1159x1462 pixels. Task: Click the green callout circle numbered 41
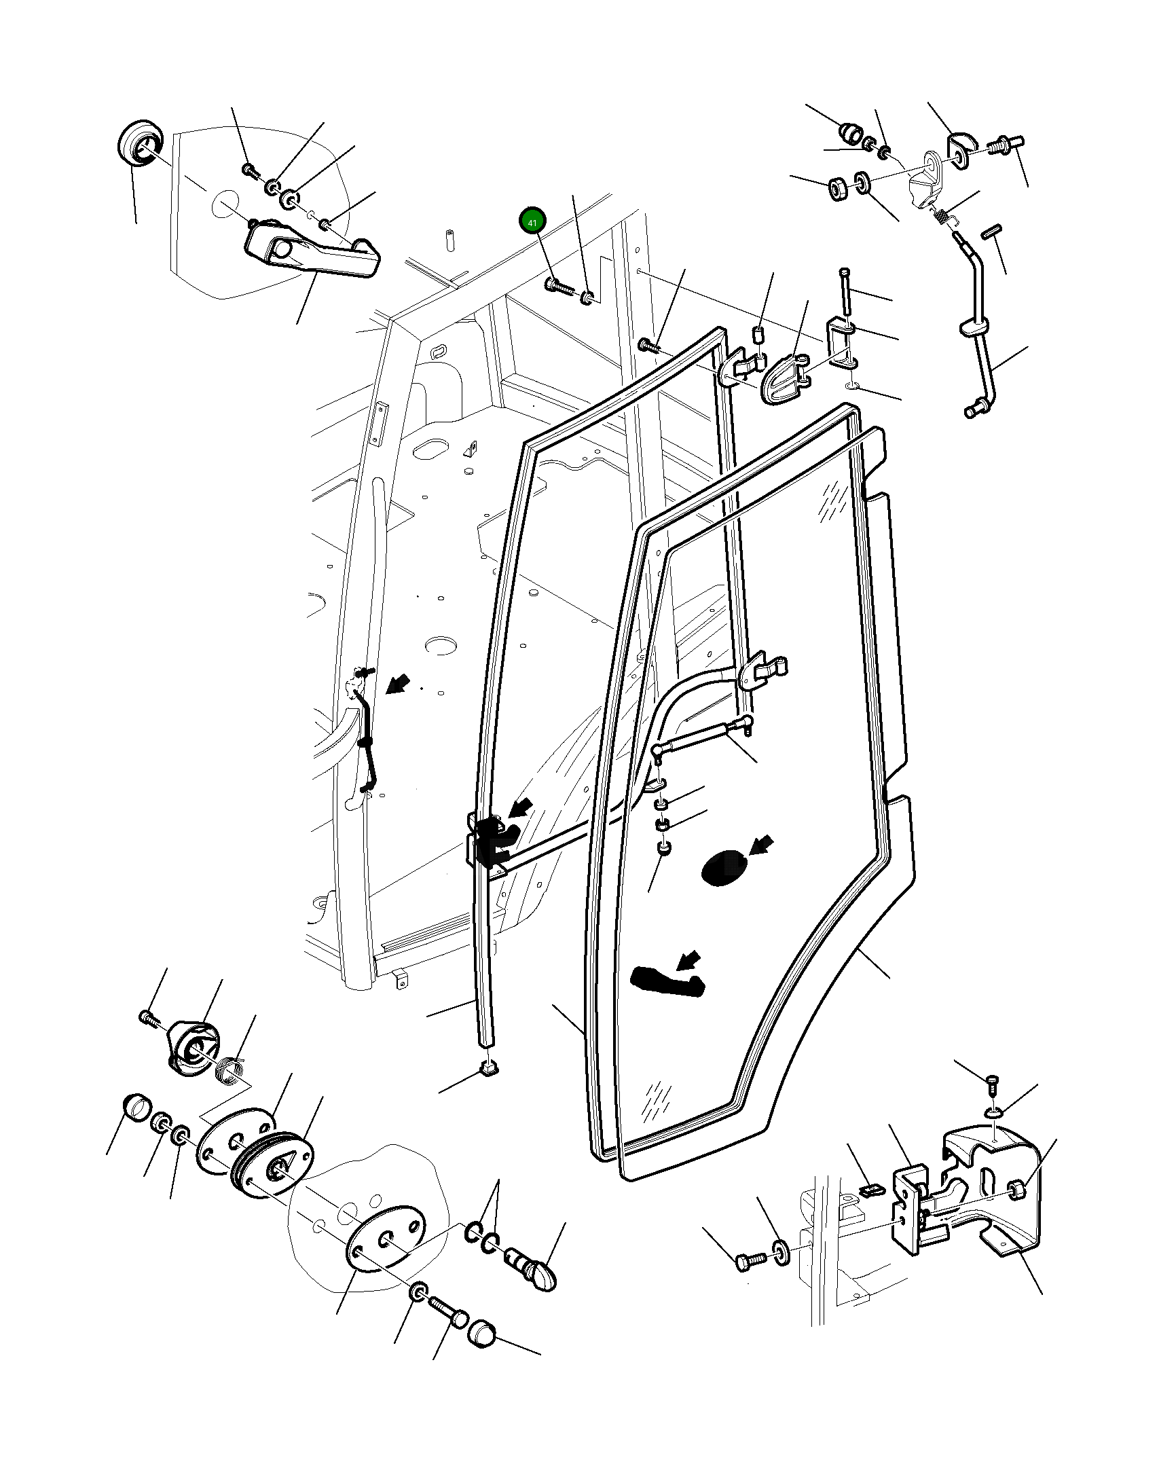(x=532, y=221)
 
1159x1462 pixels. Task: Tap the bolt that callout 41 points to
(x=558, y=286)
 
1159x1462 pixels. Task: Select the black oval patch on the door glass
(x=722, y=867)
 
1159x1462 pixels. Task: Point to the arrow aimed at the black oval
(x=761, y=845)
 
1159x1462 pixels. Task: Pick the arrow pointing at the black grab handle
(x=688, y=960)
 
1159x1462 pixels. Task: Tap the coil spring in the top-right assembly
(x=941, y=216)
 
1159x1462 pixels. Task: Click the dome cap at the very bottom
(x=481, y=1334)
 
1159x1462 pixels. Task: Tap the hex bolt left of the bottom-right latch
(x=750, y=1260)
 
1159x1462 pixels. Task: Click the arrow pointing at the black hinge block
(x=521, y=807)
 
